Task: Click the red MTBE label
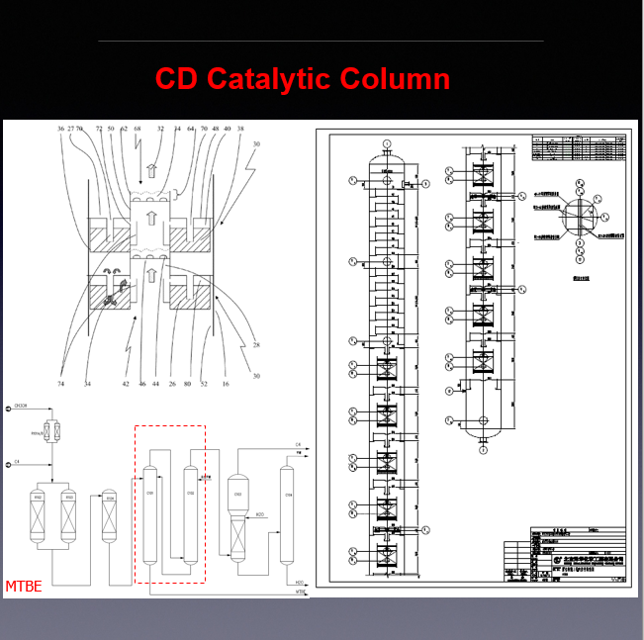point(24,587)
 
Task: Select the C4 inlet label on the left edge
point(17,461)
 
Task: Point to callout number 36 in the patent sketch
point(60,130)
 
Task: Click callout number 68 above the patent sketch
point(138,130)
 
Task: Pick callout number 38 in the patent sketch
point(240,130)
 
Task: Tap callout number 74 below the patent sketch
point(61,383)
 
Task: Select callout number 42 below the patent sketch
point(126,383)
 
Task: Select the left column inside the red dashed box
point(150,514)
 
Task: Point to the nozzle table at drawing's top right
point(579,148)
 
